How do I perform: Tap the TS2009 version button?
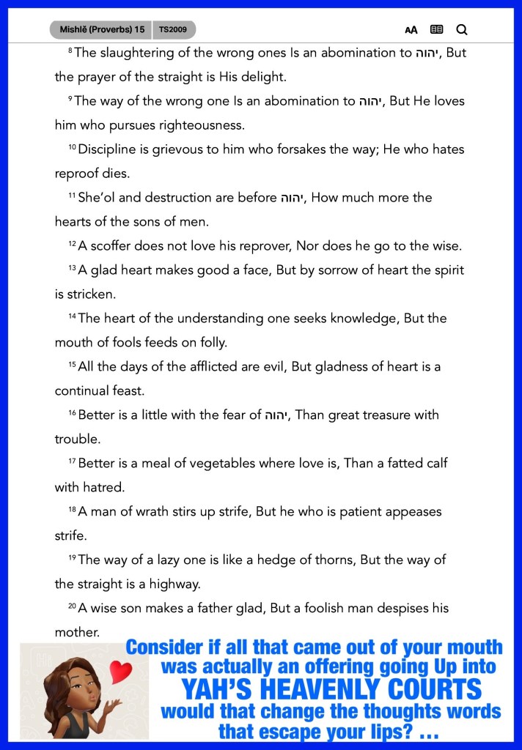pyautogui.click(x=174, y=30)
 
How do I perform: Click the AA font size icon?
pyautogui.click(x=411, y=30)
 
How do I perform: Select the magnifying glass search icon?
pyautogui.click(x=462, y=30)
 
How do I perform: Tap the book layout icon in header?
pyautogui.click(x=437, y=30)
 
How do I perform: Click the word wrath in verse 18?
pyautogui.click(x=149, y=511)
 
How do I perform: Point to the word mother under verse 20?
pyautogui.click(x=77, y=631)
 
